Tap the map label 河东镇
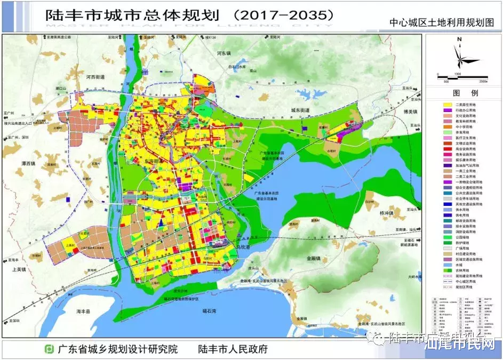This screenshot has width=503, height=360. click(223, 54)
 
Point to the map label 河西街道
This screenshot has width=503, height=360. click(96, 77)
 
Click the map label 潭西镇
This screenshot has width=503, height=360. click(25, 163)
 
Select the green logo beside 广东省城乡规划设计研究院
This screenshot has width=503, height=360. click(49, 349)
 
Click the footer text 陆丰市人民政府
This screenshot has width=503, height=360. click(232, 349)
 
